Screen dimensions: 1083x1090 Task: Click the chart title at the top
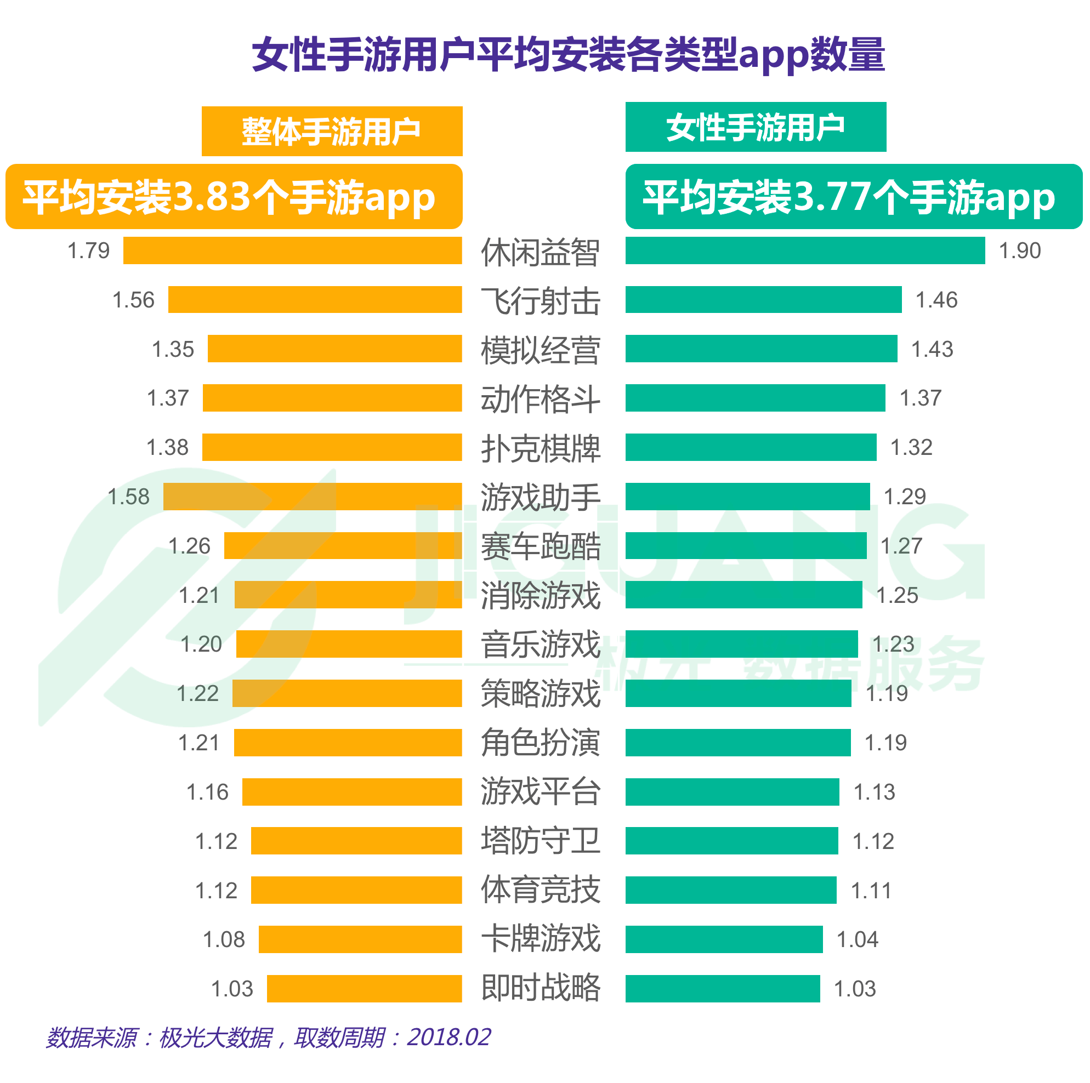(x=567, y=55)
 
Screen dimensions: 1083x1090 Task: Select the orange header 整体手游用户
(x=332, y=132)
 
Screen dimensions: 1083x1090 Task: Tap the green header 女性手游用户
(x=756, y=127)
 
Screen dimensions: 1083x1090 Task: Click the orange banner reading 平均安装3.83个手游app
(x=234, y=196)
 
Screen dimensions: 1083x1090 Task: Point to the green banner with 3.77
(x=853, y=196)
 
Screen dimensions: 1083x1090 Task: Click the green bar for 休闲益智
(x=804, y=250)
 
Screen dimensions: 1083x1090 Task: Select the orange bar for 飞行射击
(x=315, y=299)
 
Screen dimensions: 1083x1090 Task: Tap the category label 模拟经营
(x=541, y=350)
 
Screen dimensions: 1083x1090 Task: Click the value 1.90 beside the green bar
(x=1019, y=251)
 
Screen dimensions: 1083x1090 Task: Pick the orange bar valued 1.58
(x=313, y=497)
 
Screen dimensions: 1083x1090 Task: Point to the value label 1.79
(x=89, y=251)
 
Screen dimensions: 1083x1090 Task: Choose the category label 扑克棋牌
(x=541, y=448)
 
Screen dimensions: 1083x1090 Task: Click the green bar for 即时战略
(x=722, y=988)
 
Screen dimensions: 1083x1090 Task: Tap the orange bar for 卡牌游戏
(x=360, y=939)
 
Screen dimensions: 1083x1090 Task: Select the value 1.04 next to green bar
(x=857, y=940)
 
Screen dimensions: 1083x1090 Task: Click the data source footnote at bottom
(x=269, y=1038)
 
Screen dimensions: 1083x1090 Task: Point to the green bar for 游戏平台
(x=732, y=791)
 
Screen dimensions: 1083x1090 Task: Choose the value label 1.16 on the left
(x=208, y=792)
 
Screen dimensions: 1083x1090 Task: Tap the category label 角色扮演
(x=541, y=742)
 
